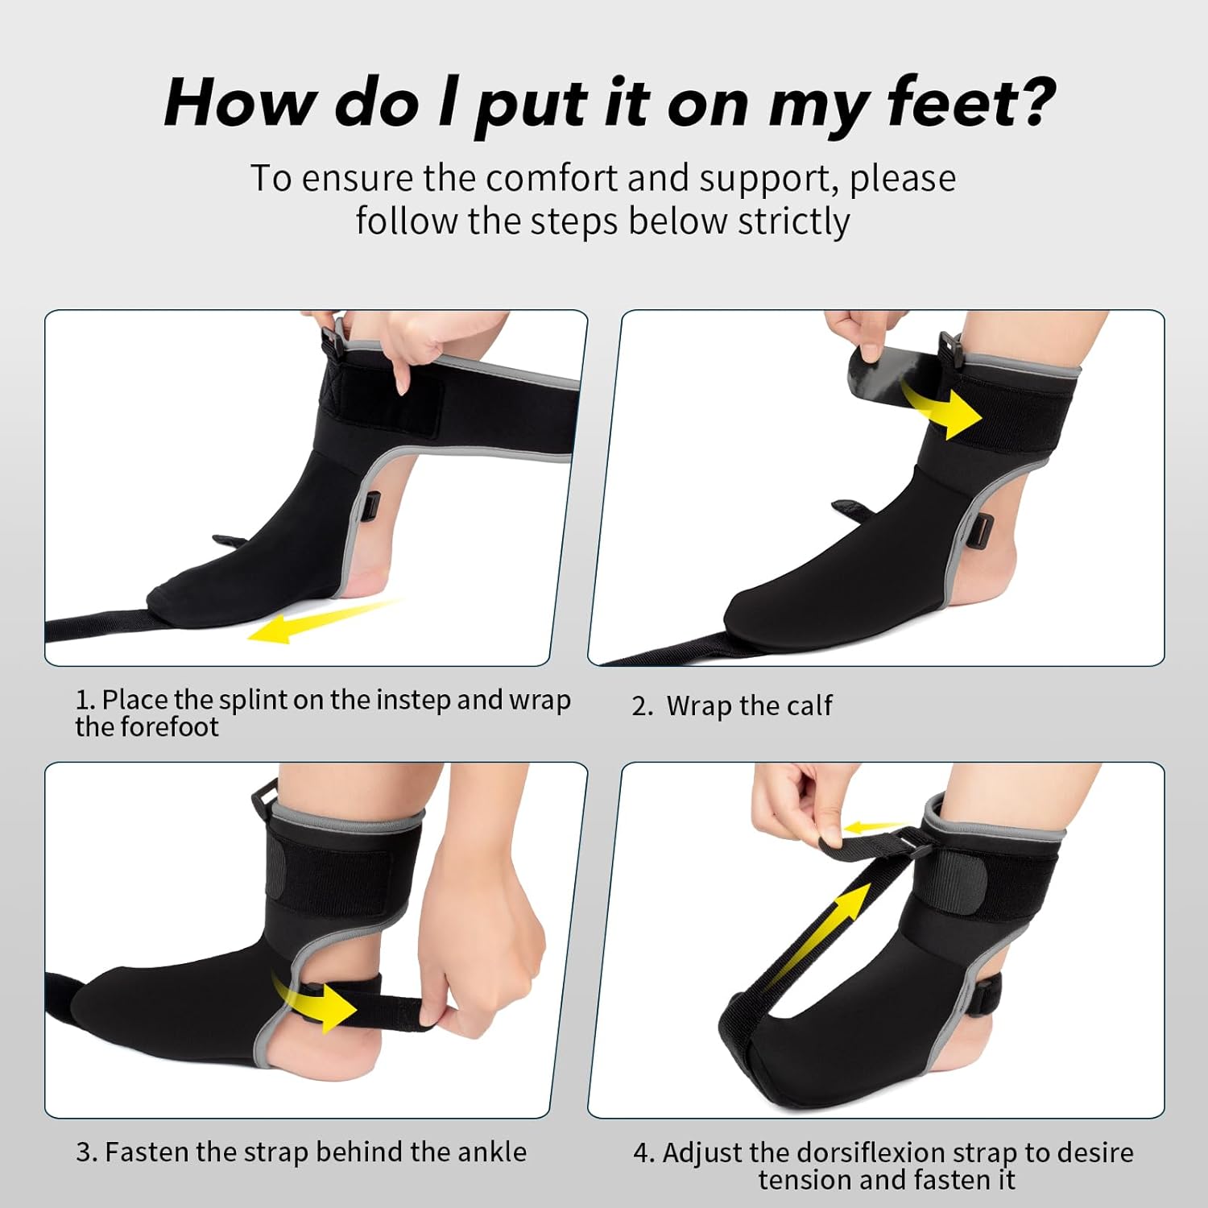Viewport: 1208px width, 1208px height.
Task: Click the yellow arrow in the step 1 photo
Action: click(322, 621)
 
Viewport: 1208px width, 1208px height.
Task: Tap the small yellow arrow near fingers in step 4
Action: click(874, 827)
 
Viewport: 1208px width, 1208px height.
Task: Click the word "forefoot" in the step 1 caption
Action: click(169, 726)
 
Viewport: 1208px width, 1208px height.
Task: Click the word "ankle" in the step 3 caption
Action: click(491, 1152)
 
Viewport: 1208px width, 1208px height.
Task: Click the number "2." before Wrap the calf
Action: click(642, 705)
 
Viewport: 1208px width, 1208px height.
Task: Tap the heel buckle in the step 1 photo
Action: click(371, 508)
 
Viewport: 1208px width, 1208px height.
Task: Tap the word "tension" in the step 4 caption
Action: click(805, 1180)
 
